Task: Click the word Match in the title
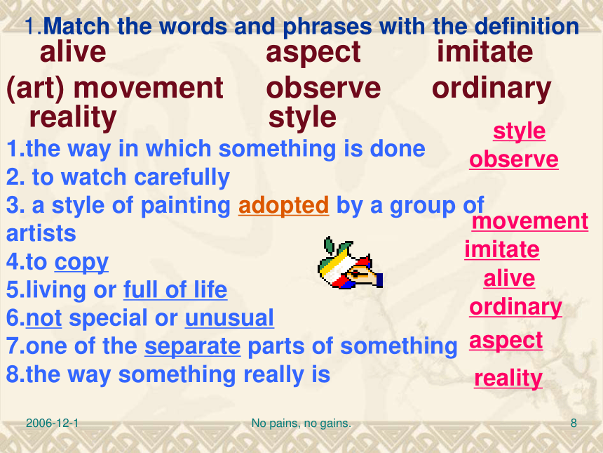coord(76,26)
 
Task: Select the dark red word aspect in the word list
coord(313,53)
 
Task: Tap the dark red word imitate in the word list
coord(485,51)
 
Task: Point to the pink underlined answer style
coord(519,131)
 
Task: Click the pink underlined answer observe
coord(514,159)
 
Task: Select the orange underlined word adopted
coord(283,206)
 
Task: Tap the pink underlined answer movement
coord(530,221)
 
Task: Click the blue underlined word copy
coord(81,263)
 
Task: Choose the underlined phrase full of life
coord(175,289)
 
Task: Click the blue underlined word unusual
coord(229,318)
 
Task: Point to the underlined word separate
coord(193,347)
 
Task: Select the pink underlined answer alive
coord(509,279)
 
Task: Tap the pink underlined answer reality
coord(508,379)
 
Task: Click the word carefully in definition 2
coord(182,178)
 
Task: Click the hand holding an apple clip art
coord(350,263)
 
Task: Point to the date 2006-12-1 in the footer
coord(53,424)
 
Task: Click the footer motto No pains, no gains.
coord(301,424)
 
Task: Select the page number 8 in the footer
coord(574,424)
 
